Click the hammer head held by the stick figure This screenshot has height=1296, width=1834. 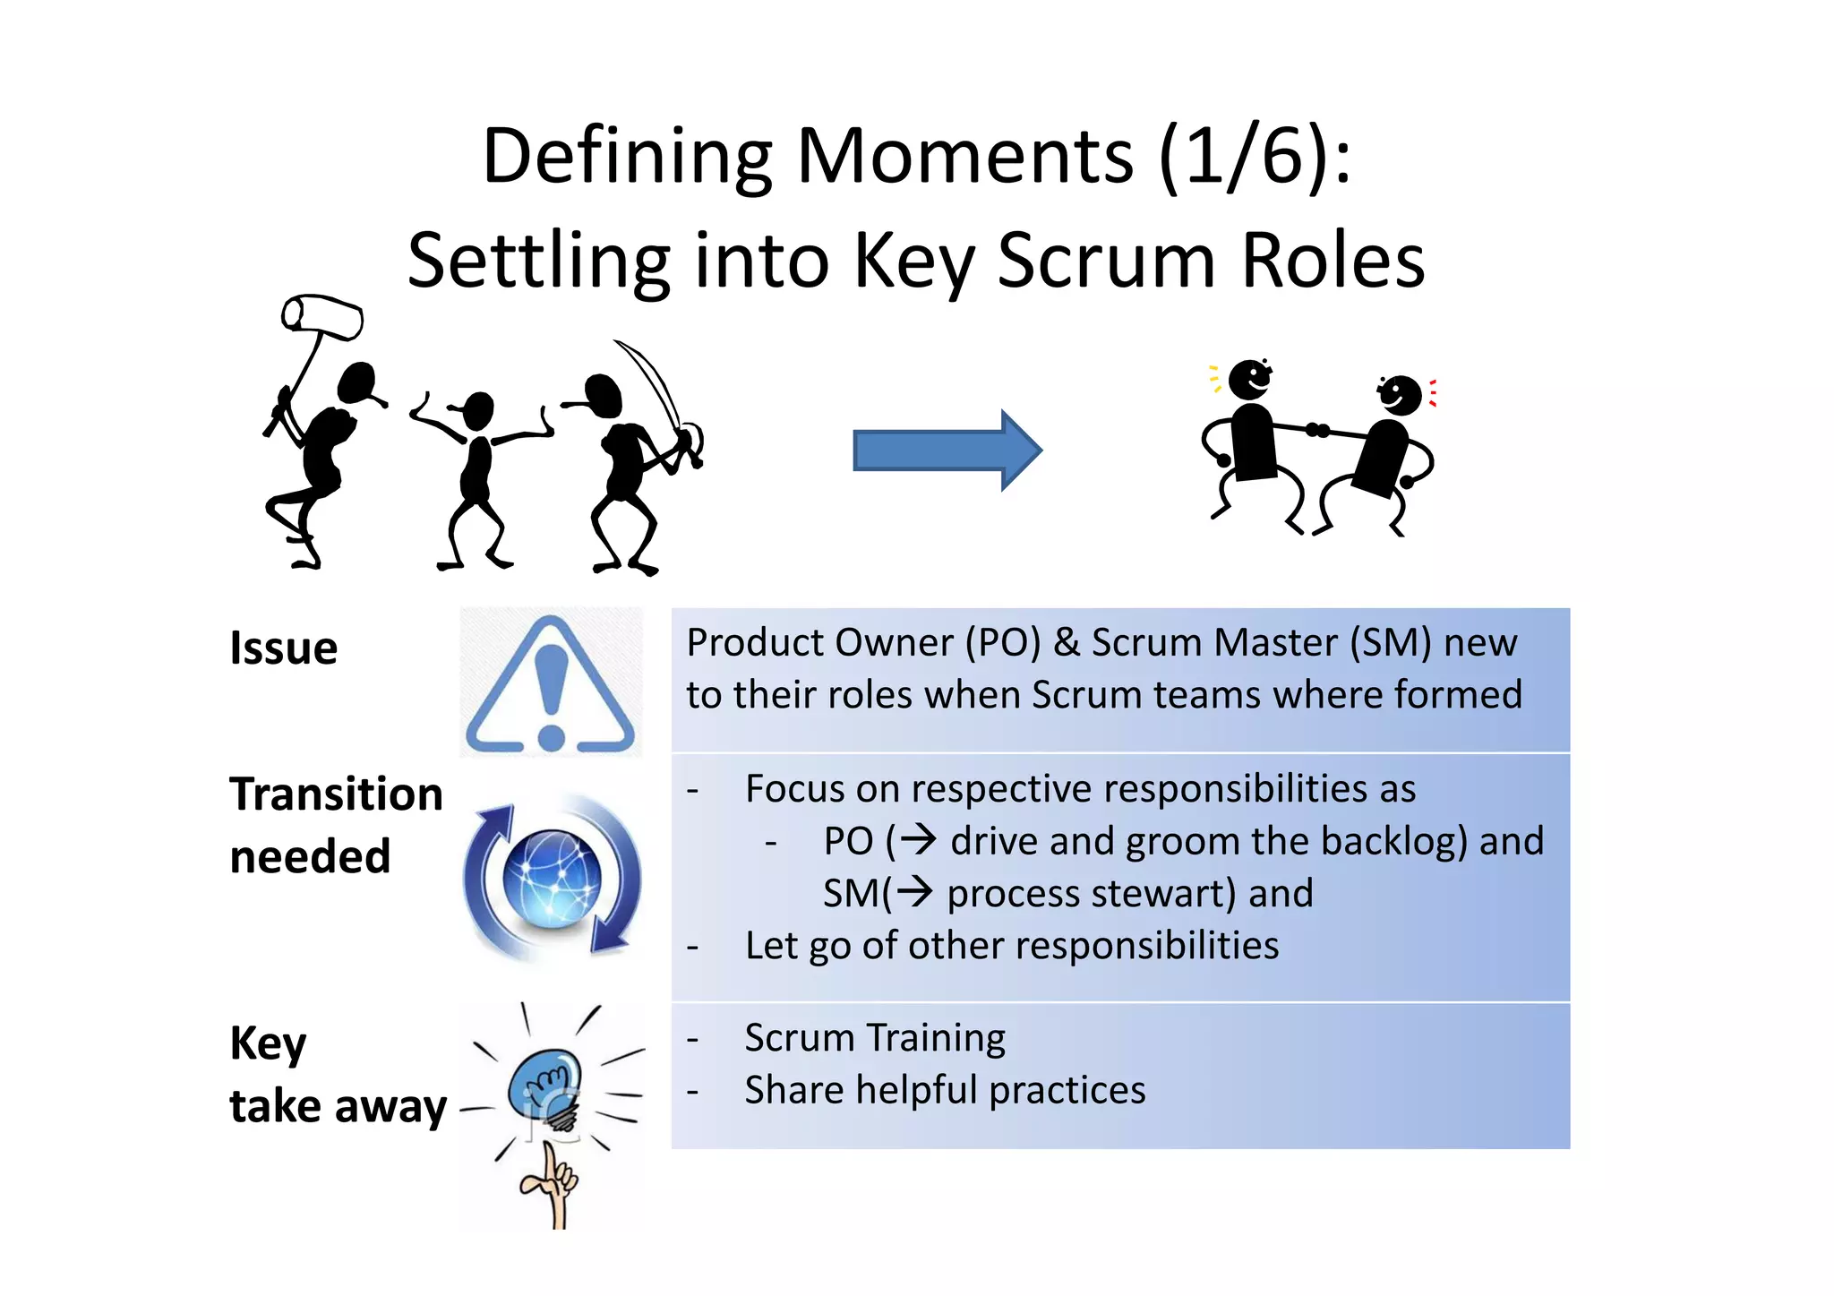322,316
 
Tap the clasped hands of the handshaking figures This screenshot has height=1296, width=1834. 1316,431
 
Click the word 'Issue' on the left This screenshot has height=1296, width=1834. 284,648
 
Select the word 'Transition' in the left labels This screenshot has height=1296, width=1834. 336,794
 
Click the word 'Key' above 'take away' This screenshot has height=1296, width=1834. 268,1043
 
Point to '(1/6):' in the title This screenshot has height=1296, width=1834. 1254,157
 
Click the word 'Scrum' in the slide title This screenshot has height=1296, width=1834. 1107,261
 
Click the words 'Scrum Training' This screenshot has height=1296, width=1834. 875,1038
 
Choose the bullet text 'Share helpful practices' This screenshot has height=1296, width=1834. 945,1090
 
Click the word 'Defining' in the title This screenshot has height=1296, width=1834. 627,157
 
